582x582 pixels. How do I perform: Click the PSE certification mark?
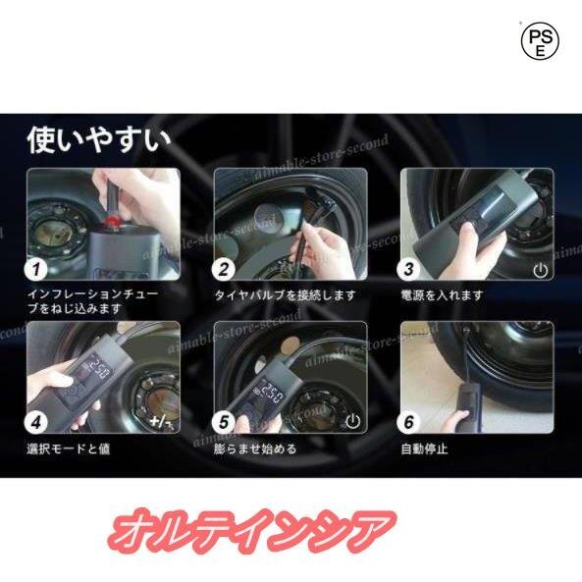(x=540, y=40)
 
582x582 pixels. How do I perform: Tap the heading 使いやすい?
(x=99, y=140)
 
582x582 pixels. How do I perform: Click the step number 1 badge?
(x=36, y=269)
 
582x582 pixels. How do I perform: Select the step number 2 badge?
(x=224, y=269)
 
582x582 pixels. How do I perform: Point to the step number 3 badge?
(x=408, y=269)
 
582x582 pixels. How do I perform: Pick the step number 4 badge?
(x=36, y=422)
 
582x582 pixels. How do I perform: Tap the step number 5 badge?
(x=224, y=422)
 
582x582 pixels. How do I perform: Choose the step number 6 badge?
(x=408, y=422)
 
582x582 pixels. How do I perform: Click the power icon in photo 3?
(x=540, y=270)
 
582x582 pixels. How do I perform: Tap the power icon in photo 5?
(x=352, y=421)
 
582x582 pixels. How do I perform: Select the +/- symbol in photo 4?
(x=161, y=422)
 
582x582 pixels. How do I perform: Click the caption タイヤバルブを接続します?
(x=285, y=295)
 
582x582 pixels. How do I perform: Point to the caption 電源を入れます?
(x=442, y=295)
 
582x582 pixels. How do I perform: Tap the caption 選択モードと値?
(x=69, y=449)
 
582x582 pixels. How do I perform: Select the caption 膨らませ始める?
(x=255, y=449)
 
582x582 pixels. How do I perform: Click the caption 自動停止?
(x=424, y=449)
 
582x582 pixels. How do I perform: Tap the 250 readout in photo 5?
(x=270, y=395)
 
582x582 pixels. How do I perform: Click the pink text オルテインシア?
(x=251, y=532)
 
